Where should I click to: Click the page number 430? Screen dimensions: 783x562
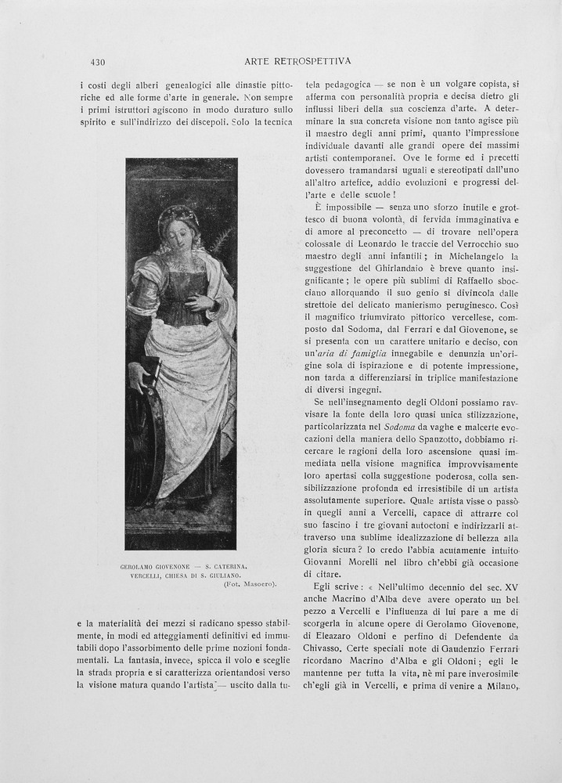tap(98, 62)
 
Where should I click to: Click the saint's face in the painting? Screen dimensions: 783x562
tap(179, 233)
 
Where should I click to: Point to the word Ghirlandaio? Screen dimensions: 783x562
tap(388, 269)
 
